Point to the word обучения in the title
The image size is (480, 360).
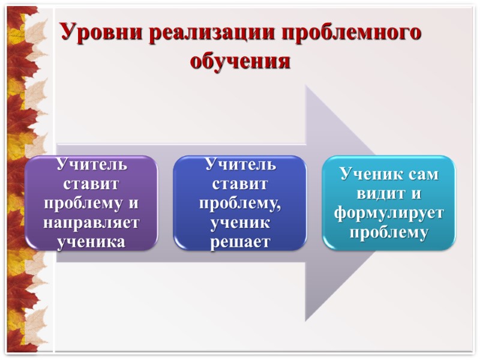point(240,61)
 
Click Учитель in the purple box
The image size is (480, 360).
point(91,164)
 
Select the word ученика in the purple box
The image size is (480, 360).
point(91,242)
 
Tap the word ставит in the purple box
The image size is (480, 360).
point(91,183)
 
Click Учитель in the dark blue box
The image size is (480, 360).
point(240,164)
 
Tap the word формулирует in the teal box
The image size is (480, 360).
point(389,213)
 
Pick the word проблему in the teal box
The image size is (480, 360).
point(389,232)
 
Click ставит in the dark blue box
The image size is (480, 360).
point(240,183)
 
